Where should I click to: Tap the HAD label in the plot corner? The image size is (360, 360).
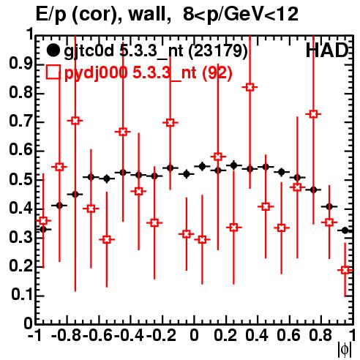click(327, 50)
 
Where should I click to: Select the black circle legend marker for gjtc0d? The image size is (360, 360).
click(53, 50)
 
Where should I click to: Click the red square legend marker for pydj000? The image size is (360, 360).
click(53, 72)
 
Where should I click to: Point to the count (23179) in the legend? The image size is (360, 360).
click(218, 51)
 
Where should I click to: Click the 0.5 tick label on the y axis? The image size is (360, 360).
click(20, 179)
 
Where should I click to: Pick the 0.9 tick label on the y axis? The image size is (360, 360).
click(20, 64)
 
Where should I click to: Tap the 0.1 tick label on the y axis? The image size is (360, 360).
click(21, 295)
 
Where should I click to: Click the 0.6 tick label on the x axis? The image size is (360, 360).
click(289, 335)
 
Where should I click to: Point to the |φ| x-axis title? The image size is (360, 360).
click(345, 350)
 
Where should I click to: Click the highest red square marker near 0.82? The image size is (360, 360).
click(250, 87)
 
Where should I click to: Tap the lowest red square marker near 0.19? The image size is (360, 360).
click(345, 270)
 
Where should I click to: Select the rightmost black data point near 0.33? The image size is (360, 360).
click(345, 230)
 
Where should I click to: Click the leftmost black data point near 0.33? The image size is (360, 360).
click(43, 229)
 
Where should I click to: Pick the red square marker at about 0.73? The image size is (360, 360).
click(313, 114)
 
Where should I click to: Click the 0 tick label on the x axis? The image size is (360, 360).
click(194, 335)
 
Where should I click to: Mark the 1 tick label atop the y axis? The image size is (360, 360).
click(30, 34)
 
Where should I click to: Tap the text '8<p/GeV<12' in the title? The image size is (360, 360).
click(241, 15)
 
